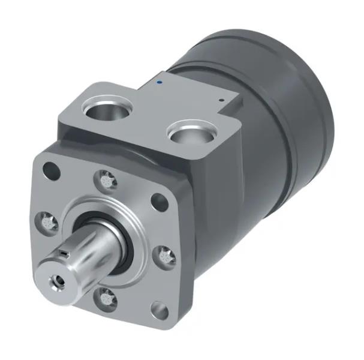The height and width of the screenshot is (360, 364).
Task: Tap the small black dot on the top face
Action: click(x=221, y=100)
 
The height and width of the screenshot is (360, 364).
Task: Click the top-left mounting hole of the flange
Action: click(x=50, y=169)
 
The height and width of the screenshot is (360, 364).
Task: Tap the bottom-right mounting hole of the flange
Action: click(x=159, y=310)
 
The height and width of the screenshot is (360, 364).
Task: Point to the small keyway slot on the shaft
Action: click(x=62, y=256)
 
